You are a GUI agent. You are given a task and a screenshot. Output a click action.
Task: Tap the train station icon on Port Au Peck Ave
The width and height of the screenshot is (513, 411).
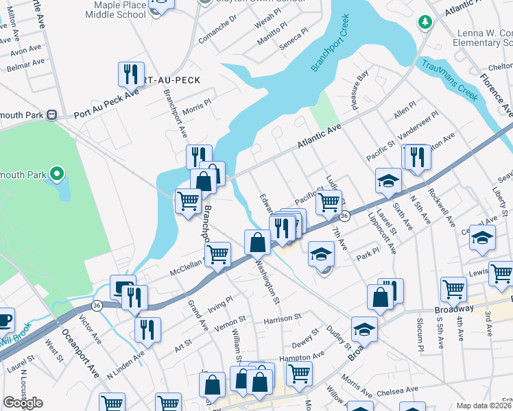(51, 115)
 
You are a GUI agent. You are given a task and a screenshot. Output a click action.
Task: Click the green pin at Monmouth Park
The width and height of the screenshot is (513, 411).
(58, 175)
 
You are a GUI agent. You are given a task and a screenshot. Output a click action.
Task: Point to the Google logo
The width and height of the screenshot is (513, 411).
(23, 403)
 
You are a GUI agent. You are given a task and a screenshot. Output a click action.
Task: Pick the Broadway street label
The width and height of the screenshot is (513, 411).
(453, 310)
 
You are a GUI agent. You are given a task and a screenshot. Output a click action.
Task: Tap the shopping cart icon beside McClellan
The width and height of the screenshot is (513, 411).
(218, 254)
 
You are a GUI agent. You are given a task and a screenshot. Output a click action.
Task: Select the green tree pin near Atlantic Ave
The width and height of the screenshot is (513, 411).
(425, 22)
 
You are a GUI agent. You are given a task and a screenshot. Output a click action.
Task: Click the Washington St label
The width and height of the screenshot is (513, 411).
(267, 282)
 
